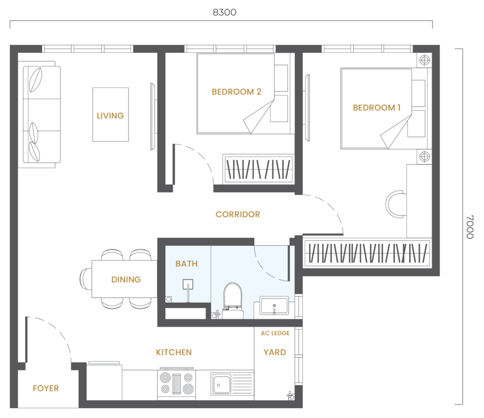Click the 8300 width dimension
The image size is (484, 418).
pyautogui.click(x=225, y=12)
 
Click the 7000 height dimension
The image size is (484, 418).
pyautogui.click(x=469, y=227)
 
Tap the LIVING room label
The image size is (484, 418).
pyautogui.click(x=110, y=116)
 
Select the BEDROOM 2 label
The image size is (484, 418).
pyautogui.click(x=236, y=92)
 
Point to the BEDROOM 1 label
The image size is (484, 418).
pyautogui.click(x=377, y=108)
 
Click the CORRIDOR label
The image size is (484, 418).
pyautogui.click(x=238, y=214)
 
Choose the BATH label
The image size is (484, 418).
pyautogui.click(x=186, y=264)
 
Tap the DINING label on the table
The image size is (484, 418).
pyautogui.click(x=126, y=280)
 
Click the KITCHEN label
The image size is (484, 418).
pyautogui.click(x=174, y=352)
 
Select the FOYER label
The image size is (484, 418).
pyautogui.click(x=46, y=388)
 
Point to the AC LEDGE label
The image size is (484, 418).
pyautogui.click(x=275, y=333)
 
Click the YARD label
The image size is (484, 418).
pyautogui.click(x=275, y=352)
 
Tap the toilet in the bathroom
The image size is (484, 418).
pyautogui.click(x=233, y=300)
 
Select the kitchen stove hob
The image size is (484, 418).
pyautogui.click(x=176, y=384)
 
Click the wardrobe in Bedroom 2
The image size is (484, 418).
pyautogui.click(x=259, y=169)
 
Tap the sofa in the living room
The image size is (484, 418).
pyautogui.click(x=42, y=114)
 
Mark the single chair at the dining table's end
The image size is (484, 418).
pyautogui.click(x=86, y=279)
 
